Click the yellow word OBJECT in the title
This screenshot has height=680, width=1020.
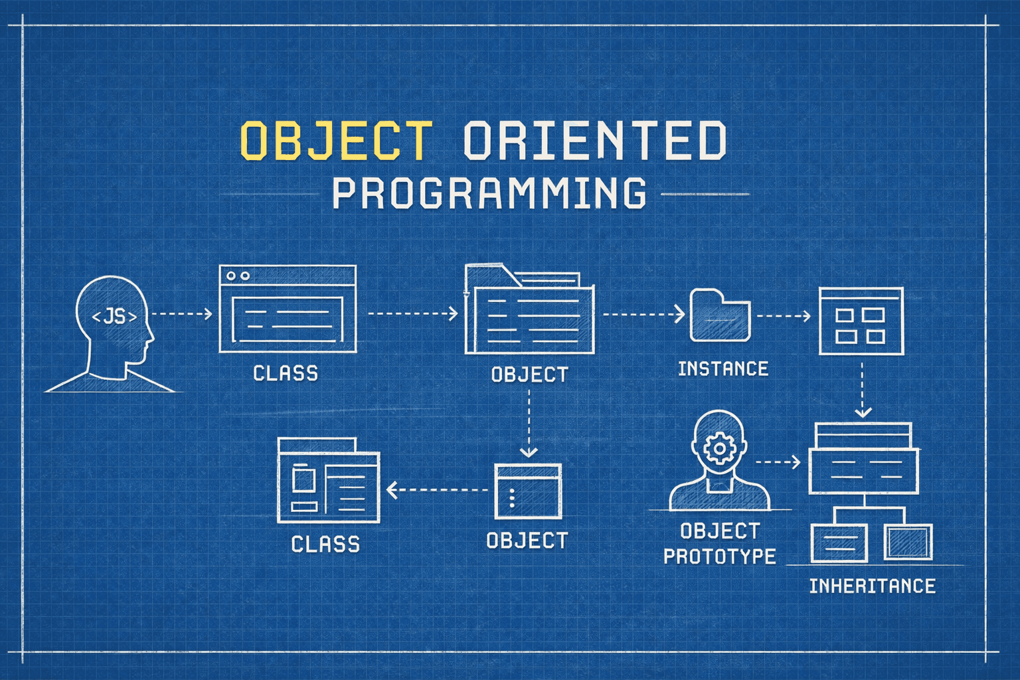click(335, 140)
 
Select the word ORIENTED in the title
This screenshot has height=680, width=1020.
click(594, 140)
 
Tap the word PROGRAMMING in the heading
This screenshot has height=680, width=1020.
click(489, 193)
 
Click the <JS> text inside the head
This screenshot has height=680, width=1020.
click(114, 317)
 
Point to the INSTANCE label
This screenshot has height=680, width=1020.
click(722, 369)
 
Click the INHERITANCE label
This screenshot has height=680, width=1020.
click(872, 586)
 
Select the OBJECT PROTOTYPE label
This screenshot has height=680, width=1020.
click(720, 543)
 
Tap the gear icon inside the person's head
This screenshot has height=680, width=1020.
click(718, 449)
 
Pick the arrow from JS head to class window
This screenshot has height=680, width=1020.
click(182, 313)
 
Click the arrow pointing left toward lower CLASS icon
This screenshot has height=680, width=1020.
click(438, 490)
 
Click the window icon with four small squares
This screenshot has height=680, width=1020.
click(861, 321)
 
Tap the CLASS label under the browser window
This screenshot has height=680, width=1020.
click(286, 373)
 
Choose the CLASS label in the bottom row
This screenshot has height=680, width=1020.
click(325, 545)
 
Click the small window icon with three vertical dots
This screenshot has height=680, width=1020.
click(528, 491)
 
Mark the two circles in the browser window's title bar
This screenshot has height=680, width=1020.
click(238, 276)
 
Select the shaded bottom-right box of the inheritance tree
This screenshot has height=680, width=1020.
click(908, 542)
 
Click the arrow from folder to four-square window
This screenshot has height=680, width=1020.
click(784, 316)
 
